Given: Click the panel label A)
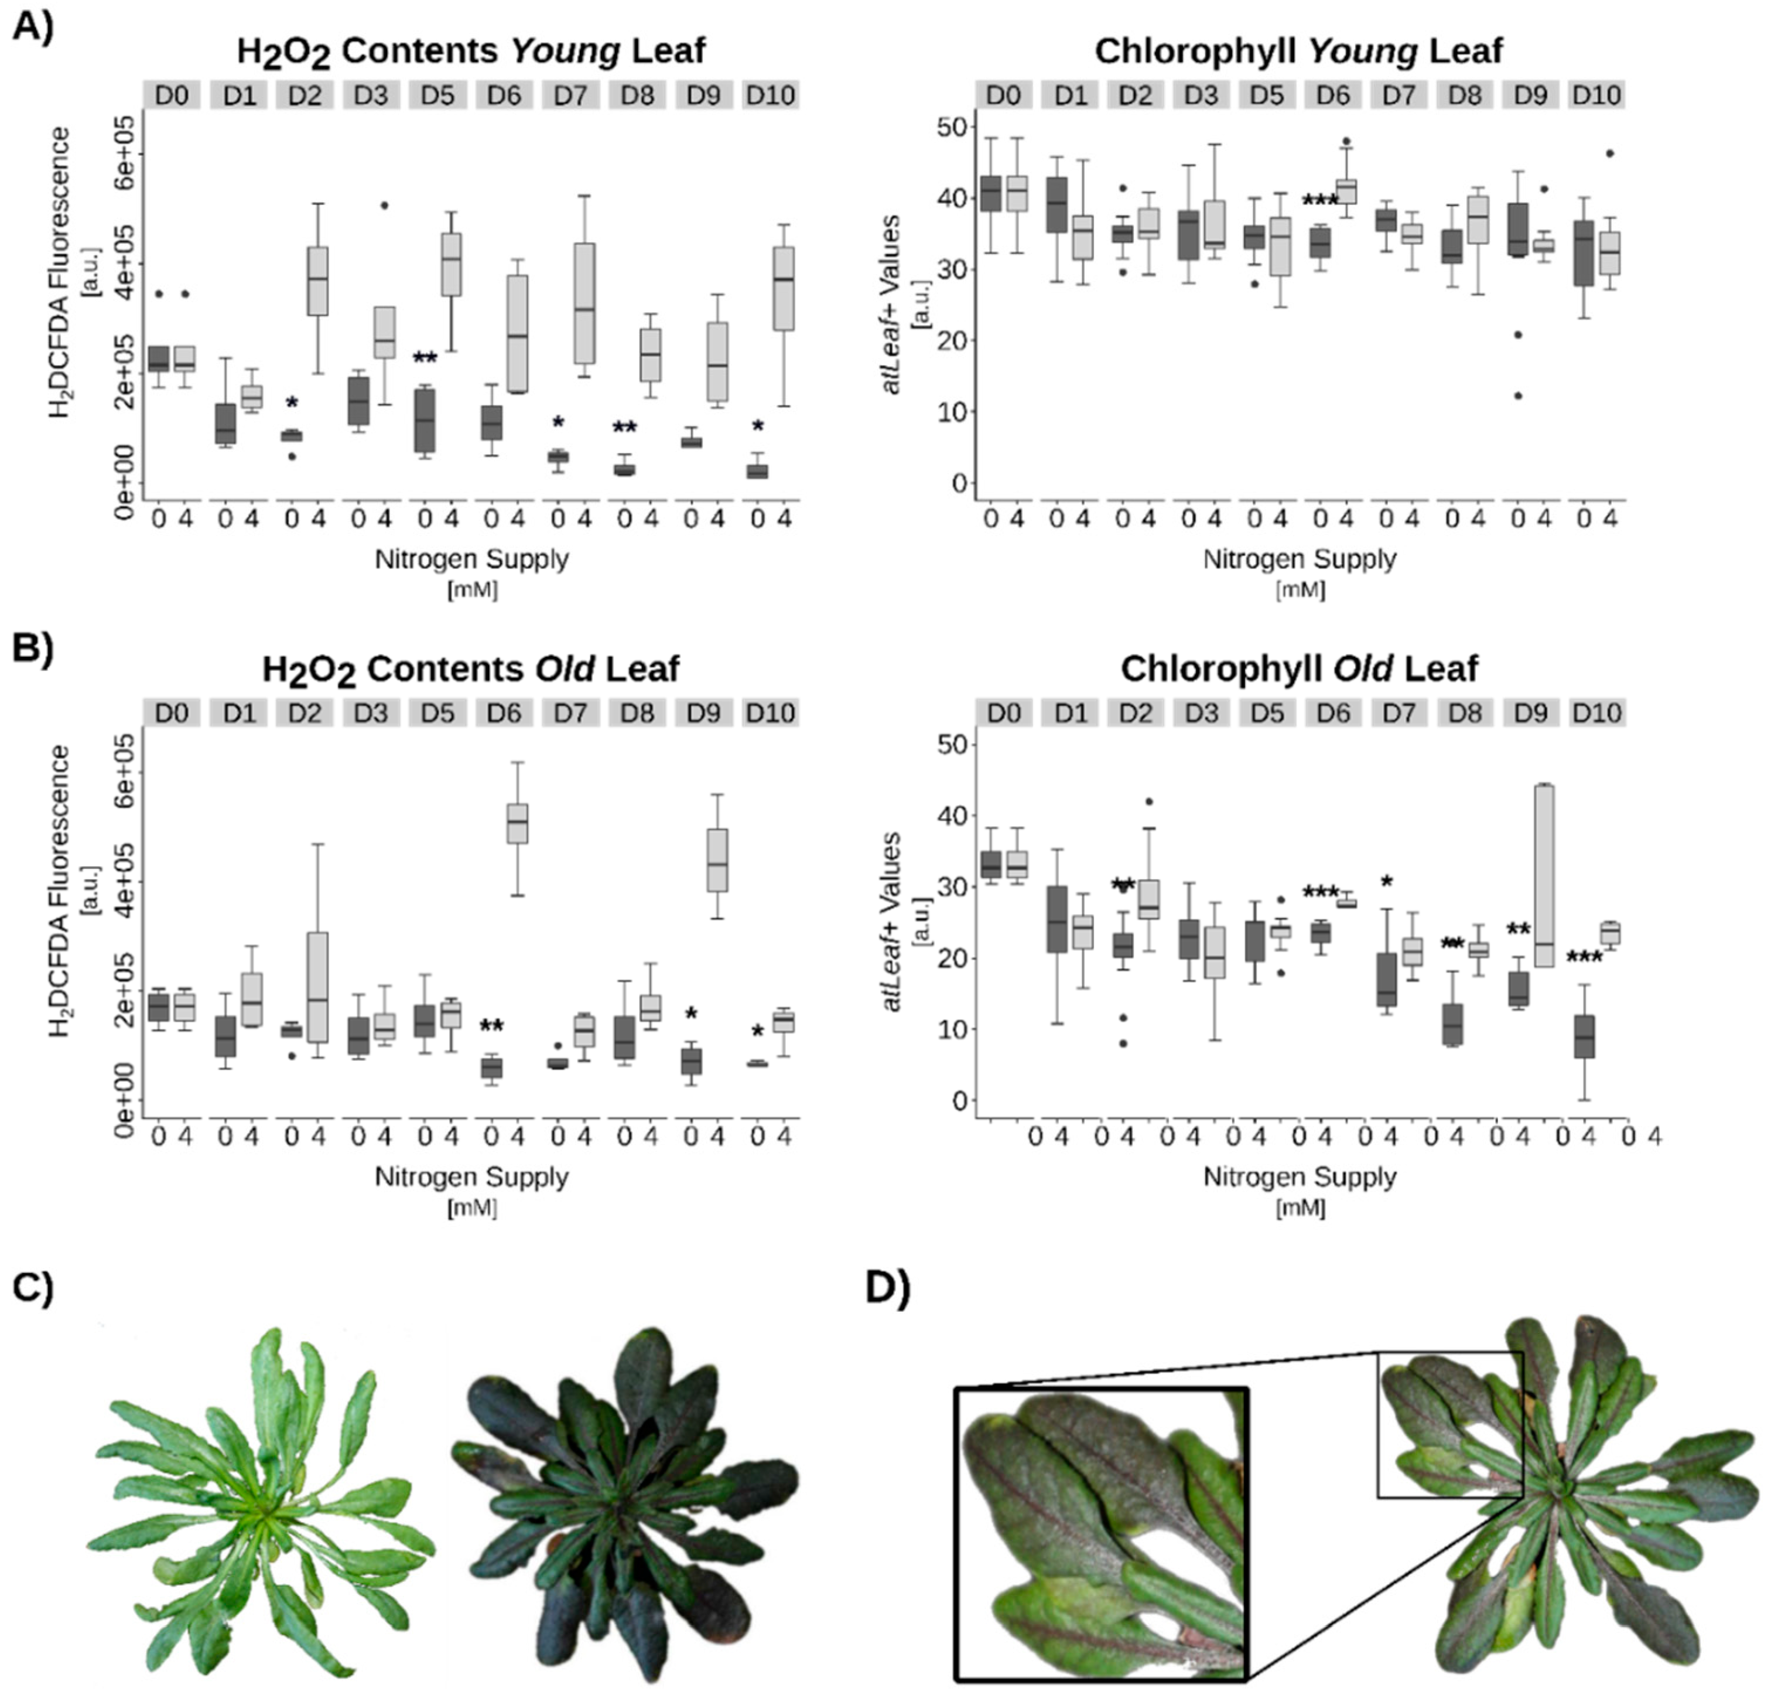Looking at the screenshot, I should (33, 27).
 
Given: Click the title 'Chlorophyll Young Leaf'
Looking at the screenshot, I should (1298, 50).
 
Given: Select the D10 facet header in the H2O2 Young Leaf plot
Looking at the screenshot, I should (769, 95).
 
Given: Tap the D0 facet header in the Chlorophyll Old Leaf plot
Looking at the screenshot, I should (1003, 713).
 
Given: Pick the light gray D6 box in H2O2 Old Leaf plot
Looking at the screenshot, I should (517, 823).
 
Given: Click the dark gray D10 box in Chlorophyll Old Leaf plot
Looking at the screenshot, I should (1584, 1036).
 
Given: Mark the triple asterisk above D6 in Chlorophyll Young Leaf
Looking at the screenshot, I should (1320, 200).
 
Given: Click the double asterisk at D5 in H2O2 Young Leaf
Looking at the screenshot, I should (425, 358).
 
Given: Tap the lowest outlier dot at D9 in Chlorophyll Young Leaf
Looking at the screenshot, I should (1518, 395).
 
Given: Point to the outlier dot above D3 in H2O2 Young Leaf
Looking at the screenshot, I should (384, 205).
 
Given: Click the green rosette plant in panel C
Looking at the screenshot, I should (262, 1502).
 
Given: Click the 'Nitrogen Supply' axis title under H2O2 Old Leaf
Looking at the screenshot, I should (471, 1177).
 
